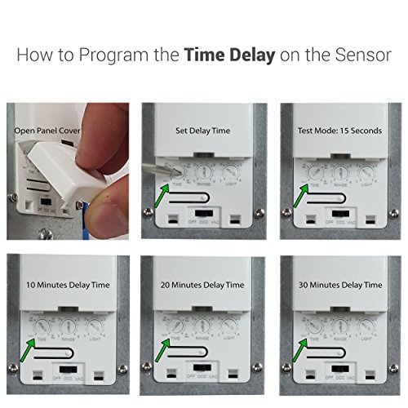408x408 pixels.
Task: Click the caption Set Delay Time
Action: (x=202, y=130)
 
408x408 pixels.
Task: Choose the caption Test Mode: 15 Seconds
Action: (x=338, y=130)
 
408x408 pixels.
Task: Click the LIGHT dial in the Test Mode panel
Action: (x=367, y=173)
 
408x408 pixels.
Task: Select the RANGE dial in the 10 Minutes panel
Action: (x=67, y=328)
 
